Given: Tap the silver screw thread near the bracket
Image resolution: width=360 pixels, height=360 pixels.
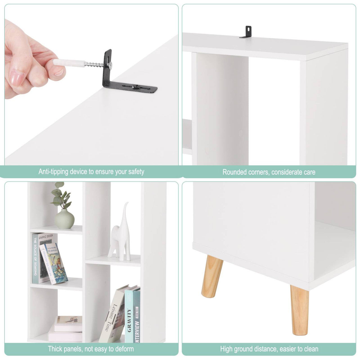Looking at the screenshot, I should point(94,65).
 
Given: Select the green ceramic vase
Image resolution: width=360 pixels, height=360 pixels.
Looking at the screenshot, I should point(64,219).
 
